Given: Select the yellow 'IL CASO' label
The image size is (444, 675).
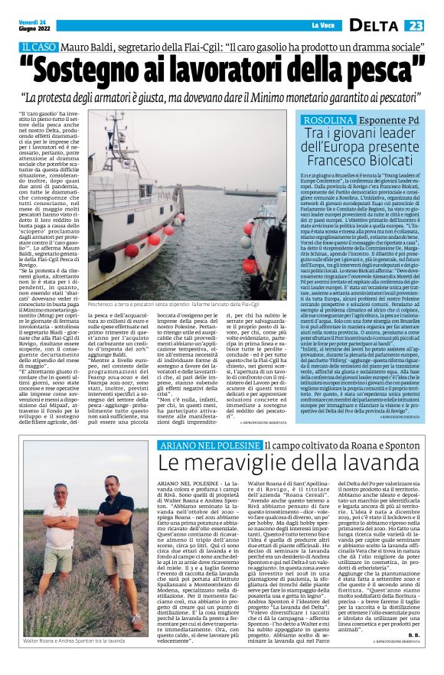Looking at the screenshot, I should (x=38, y=47).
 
